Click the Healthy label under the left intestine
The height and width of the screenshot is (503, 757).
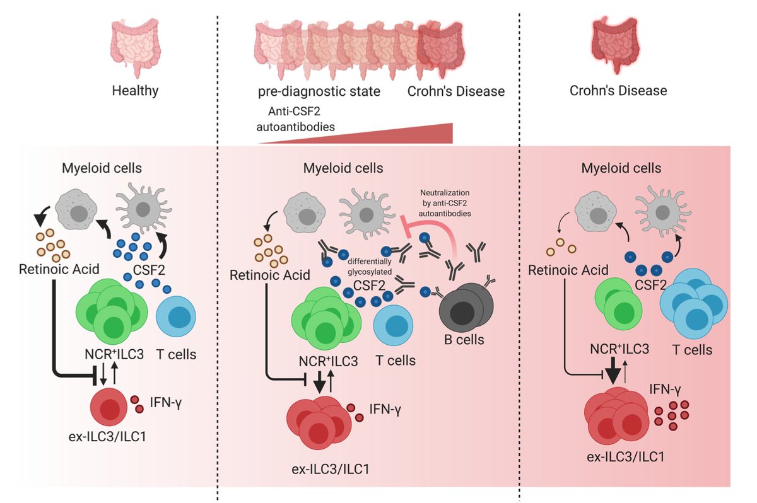click(135, 91)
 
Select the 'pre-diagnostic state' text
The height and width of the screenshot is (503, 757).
click(319, 91)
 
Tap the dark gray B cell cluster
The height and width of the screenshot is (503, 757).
click(464, 305)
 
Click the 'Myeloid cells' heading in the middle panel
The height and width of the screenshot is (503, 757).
click(343, 169)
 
